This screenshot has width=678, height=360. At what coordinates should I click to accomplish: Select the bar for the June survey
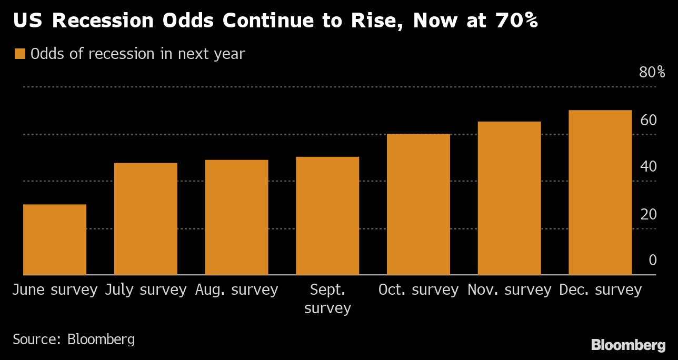point(55,239)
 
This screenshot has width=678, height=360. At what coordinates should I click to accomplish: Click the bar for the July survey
point(146,219)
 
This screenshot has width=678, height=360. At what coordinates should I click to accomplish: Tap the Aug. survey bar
point(236,217)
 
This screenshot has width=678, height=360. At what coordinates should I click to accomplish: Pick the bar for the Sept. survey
point(327,216)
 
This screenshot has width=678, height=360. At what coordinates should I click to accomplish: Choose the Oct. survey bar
point(418,204)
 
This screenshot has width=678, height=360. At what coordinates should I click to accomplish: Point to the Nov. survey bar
point(509,198)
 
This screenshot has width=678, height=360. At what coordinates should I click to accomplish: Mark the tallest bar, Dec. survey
point(600,193)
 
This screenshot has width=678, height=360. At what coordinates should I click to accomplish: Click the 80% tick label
point(652,73)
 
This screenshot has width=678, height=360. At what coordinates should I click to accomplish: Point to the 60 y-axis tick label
point(649,121)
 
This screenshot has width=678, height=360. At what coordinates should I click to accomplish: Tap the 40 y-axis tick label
point(649,167)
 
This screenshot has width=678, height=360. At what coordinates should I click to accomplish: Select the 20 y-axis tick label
point(649,215)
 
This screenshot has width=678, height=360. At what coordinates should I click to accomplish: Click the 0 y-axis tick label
point(653,261)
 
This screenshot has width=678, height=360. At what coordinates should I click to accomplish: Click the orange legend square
point(20,54)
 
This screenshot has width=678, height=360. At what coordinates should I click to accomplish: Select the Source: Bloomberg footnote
point(74,339)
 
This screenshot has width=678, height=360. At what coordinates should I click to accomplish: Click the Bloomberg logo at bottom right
point(628,345)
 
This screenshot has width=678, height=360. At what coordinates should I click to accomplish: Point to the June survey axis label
point(55,290)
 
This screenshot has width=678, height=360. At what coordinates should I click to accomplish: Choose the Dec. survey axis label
point(600,290)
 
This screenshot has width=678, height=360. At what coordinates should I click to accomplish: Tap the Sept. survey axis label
point(327,298)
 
